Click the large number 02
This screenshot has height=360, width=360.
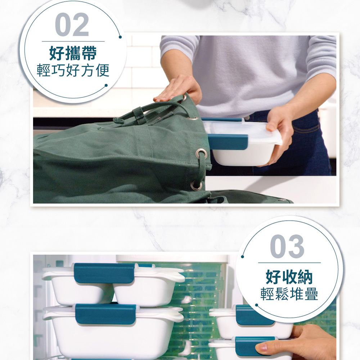coord(72,24)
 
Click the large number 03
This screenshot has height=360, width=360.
coord(287,246)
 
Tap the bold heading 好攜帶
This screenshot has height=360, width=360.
coord(73,53)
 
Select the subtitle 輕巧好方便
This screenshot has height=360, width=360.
coord(73,71)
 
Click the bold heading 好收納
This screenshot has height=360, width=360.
coord(289,277)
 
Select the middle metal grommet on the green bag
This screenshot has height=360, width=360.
coord(201,153)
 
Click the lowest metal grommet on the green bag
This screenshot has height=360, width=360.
coord(196,185)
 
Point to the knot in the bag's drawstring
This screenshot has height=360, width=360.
coord(118,121)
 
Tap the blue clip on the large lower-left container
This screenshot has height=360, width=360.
coord(106,314)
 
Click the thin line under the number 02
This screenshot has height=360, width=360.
coord(73,41)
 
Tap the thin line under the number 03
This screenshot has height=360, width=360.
coord(289,263)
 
